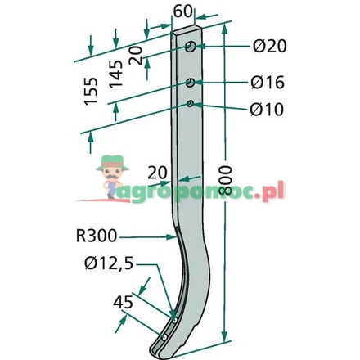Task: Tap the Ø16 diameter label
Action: (269, 83)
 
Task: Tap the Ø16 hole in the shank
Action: (190, 83)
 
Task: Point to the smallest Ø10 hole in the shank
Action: (190, 104)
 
